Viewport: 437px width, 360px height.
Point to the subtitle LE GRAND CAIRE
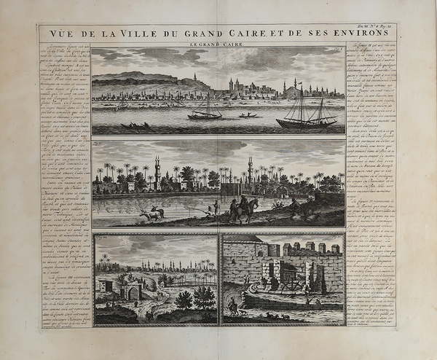pos(219,45)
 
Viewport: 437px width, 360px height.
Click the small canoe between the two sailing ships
pos(248,115)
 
